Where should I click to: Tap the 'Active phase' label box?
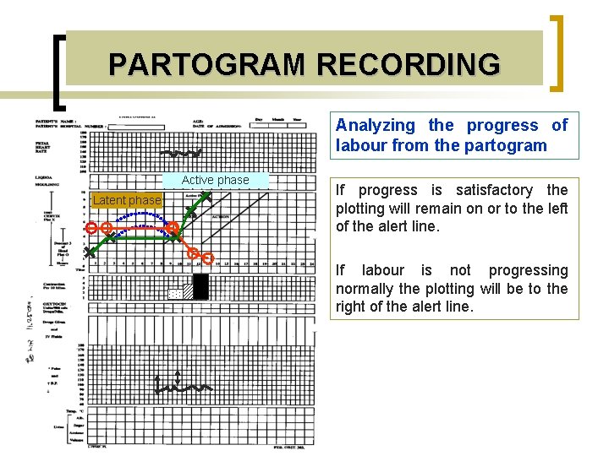click(215, 180)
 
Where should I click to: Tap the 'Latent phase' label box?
click(126, 200)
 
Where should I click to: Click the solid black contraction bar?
click(200, 287)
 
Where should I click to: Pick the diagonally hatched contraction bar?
click(187, 290)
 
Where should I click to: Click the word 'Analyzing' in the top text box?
click(375, 126)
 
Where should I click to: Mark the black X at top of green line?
click(204, 197)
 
